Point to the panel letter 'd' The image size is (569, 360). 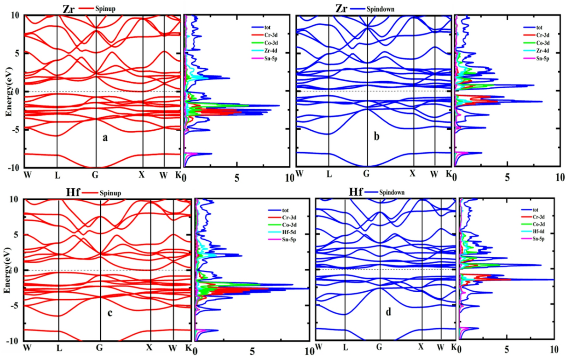coord(388,312)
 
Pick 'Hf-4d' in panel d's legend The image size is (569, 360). coord(538,231)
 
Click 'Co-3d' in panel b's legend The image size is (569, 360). coord(543,43)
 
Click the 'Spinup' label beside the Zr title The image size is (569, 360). coord(105,9)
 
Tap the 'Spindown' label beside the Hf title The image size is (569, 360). coord(392,193)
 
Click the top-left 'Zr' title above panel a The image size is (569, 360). coord(69,9)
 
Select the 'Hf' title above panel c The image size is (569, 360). coord(73,193)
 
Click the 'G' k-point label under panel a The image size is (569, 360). coord(95,175)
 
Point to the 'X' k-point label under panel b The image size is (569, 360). coord(412,174)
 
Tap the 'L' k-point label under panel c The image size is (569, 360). coord(59,348)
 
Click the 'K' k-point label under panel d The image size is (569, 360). coord(454,347)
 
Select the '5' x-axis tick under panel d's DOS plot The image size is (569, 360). coord(507,350)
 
